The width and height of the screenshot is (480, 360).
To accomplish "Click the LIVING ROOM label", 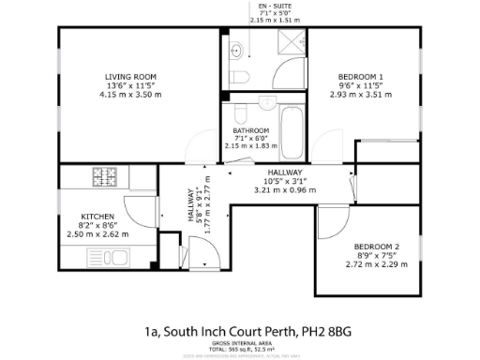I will click(130, 76).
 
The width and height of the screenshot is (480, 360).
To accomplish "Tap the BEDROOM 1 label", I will click(360, 76).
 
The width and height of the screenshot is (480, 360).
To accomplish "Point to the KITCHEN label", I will click(97, 215).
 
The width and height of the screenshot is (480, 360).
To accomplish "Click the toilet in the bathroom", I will click(239, 113).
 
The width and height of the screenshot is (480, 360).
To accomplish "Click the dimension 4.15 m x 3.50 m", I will click(130, 95).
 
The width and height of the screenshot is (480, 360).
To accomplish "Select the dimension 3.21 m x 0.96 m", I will click(285, 190).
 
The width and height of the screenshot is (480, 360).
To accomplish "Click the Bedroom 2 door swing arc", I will click(330, 217).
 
